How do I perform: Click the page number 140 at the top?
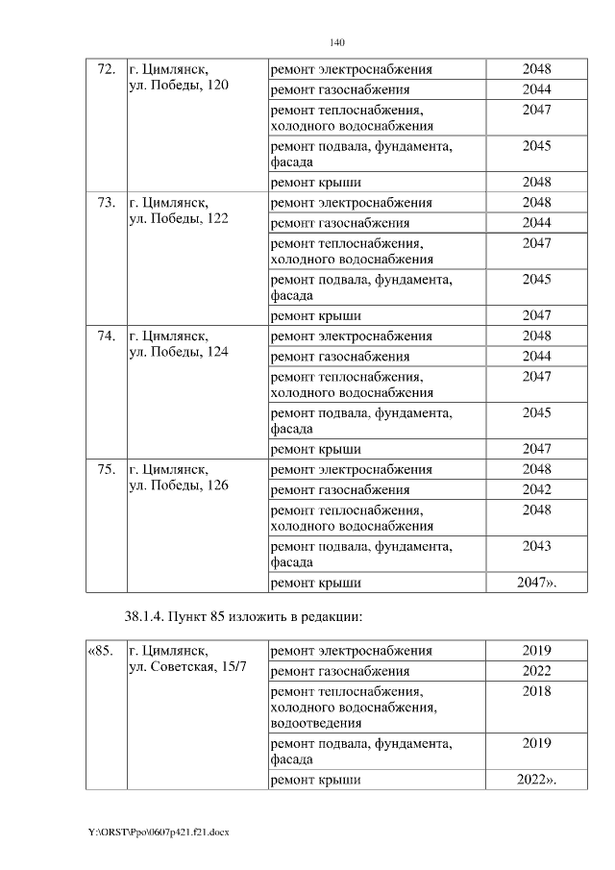tap(336, 43)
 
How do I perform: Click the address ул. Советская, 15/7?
tap(187, 667)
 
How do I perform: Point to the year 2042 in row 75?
tap(536, 489)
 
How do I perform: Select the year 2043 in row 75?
tap(536, 546)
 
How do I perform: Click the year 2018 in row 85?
tap(536, 691)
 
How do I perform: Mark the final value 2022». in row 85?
tap(536, 779)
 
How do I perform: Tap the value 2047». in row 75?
tap(536, 583)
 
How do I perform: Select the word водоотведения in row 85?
tap(316, 723)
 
